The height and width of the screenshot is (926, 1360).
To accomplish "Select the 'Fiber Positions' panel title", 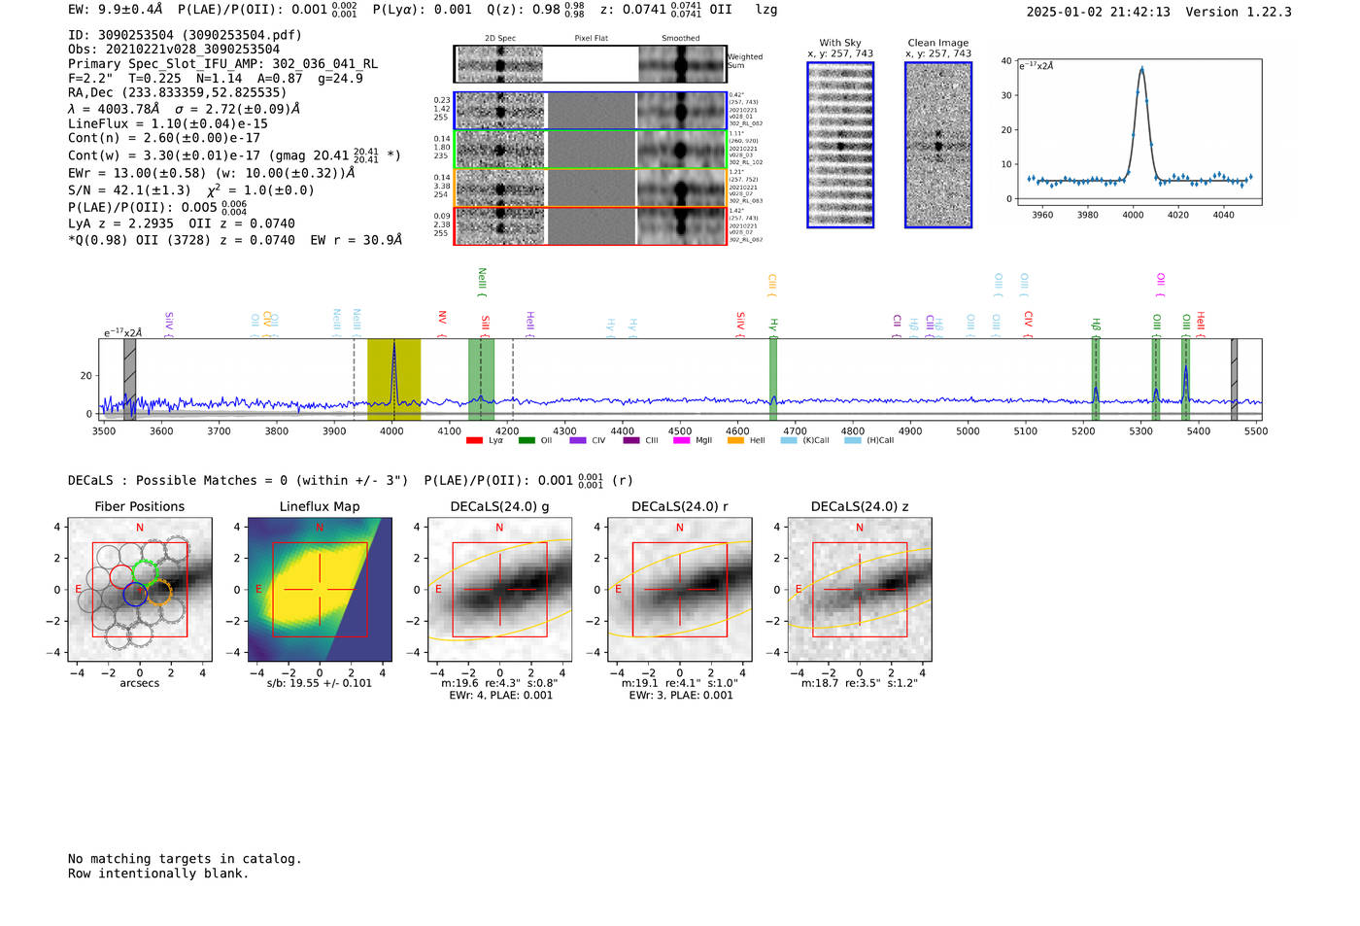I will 139,506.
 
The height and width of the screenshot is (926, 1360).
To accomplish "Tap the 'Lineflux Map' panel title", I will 319,506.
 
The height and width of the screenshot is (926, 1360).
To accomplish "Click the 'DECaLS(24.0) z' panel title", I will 859,506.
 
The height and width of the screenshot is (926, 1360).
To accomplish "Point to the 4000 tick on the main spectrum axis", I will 392,430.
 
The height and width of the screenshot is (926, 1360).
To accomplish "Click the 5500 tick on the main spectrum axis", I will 1255,430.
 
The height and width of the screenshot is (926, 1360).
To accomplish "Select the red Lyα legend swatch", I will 474,440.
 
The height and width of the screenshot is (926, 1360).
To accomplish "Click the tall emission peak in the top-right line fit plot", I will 1141,70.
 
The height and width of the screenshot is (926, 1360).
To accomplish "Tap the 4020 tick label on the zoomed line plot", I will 1177,215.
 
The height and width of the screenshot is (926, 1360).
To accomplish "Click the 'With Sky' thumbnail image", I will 840,145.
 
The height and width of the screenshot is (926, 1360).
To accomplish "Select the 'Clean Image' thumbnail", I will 938,145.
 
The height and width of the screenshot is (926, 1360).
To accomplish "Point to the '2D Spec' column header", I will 500,39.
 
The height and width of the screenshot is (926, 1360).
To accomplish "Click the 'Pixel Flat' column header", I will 591,39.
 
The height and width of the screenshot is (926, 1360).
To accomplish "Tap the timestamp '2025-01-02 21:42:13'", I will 1098,13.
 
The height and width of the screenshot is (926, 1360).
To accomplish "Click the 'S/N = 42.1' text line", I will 129,190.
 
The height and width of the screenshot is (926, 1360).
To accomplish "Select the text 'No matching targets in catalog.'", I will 185,859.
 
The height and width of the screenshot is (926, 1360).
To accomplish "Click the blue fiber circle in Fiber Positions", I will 135,596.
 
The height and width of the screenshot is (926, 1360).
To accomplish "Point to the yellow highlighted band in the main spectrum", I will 393,379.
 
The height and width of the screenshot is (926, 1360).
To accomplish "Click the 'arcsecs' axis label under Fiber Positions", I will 139,683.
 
